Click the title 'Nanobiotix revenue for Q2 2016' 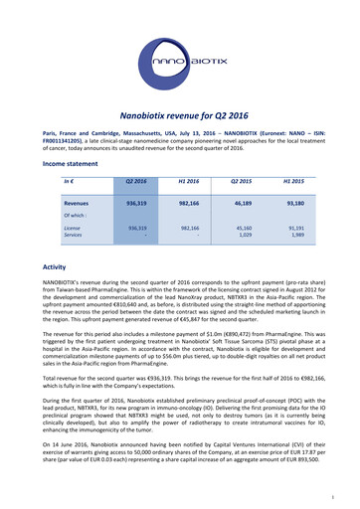180,115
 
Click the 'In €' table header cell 69,181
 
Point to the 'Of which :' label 76,213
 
